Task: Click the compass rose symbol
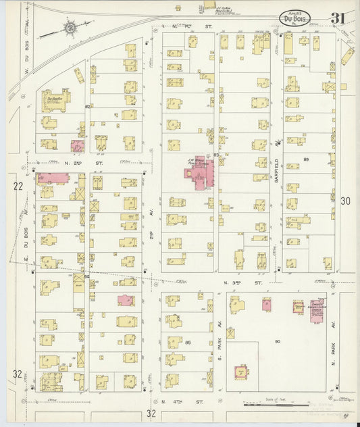(70, 28)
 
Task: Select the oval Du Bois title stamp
(294, 20)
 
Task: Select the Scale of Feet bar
(270, 405)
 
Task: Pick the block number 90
(277, 343)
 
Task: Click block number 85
(187, 343)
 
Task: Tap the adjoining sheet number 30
(345, 201)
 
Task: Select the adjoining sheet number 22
(18, 186)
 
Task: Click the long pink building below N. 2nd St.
(54, 178)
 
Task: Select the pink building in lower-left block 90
(240, 371)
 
